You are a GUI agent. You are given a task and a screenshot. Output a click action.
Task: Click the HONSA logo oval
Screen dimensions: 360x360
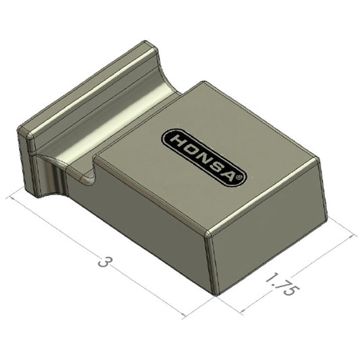tap(205, 155)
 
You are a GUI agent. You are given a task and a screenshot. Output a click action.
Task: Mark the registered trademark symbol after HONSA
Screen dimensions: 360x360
tap(242, 177)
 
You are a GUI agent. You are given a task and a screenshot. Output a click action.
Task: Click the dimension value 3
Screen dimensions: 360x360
tap(103, 261)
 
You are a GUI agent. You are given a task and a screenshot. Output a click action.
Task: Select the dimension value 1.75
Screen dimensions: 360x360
tap(279, 284)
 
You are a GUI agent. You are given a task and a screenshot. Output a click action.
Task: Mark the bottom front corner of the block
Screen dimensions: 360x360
tap(216, 294)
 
